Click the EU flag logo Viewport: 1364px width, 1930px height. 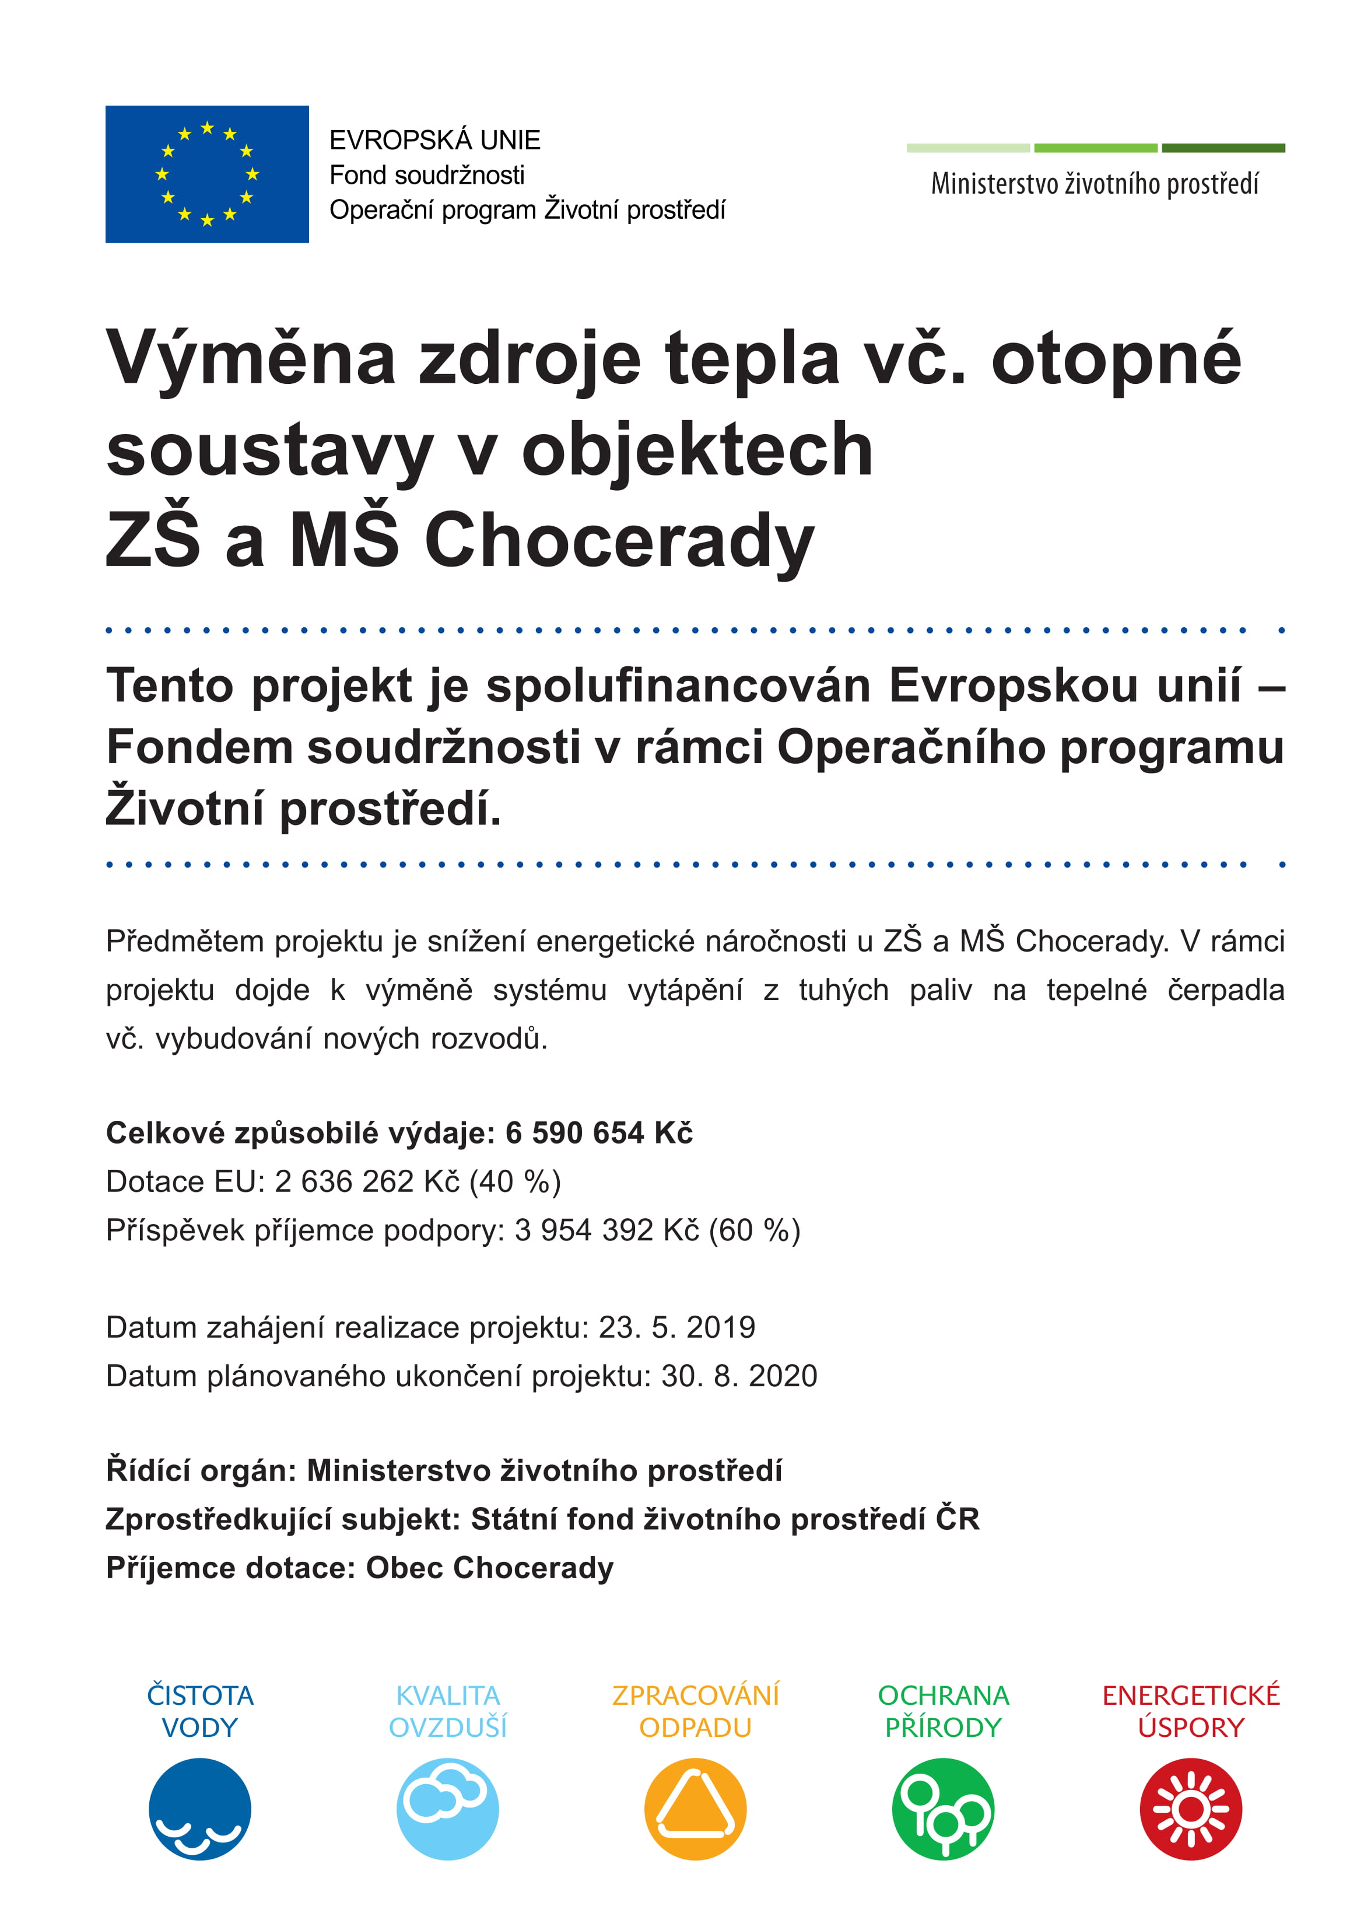click(207, 174)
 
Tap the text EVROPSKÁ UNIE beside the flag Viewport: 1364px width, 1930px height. click(434, 139)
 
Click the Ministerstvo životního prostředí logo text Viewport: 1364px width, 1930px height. click(1094, 183)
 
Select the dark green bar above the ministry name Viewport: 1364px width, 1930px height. click(1223, 148)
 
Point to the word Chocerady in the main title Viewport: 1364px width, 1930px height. click(619, 540)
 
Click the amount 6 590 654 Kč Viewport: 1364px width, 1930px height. click(598, 1133)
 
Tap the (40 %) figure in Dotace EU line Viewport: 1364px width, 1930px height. click(514, 1182)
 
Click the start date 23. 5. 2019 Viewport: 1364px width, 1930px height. click(676, 1327)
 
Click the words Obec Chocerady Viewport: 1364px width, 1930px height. click(489, 1568)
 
